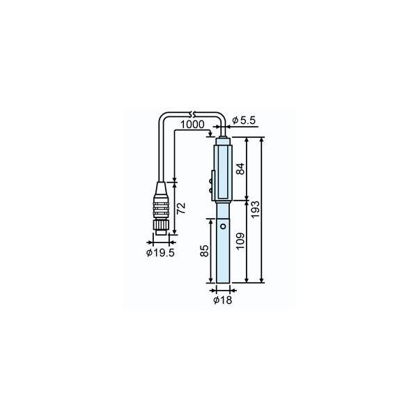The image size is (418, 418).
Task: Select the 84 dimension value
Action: pyautogui.click(x=240, y=169)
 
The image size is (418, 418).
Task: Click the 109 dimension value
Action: pyautogui.click(x=240, y=242)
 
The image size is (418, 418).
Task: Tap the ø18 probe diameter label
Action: pyautogui.click(x=222, y=301)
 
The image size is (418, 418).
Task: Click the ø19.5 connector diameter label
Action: pyautogui.click(x=160, y=253)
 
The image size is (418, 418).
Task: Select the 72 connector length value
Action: pyautogui.click(x=181, y=208)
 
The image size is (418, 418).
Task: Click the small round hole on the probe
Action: pyautogui.click(x=222, y=226)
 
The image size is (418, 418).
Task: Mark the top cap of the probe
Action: pyautogui.click(x=222, y=140)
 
